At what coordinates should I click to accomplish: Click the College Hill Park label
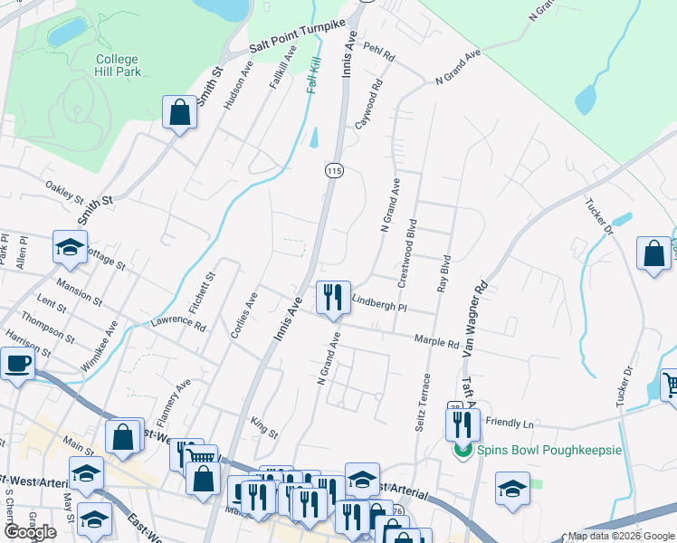pyautogui.click(x=117, y=66)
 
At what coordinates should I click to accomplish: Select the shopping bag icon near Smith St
pyautogui.click(x=180, y=114)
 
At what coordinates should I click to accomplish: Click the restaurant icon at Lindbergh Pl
pyautogui.click(x=333, y=297)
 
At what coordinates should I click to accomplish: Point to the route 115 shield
pyautogui.click(x=334, y=170)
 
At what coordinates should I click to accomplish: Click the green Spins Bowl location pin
pyautogui.click(x=462, y=449)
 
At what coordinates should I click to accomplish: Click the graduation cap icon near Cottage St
pyautogui.click(x=70, y=248)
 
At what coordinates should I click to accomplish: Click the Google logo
pyautogui.click(x=30, y=532)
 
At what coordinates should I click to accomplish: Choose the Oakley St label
pyautogui.click(x=64, y=192)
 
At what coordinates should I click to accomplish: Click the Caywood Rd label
pyautogui.click(x=370, y=104)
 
